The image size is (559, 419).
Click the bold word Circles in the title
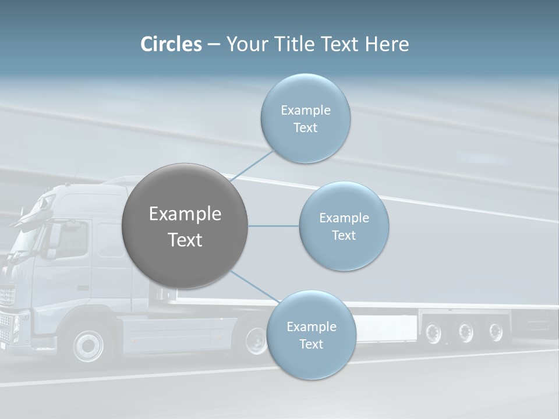171,44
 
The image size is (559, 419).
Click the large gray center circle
185,226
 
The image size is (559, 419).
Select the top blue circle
305,118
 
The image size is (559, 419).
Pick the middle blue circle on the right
344,226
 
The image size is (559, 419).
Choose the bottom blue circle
311,335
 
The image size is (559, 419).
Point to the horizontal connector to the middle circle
273,226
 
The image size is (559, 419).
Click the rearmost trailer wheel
496,332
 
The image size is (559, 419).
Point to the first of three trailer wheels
433,332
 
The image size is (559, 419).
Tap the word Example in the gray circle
185,214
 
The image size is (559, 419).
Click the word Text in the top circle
305,127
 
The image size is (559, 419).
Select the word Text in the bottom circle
311,344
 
